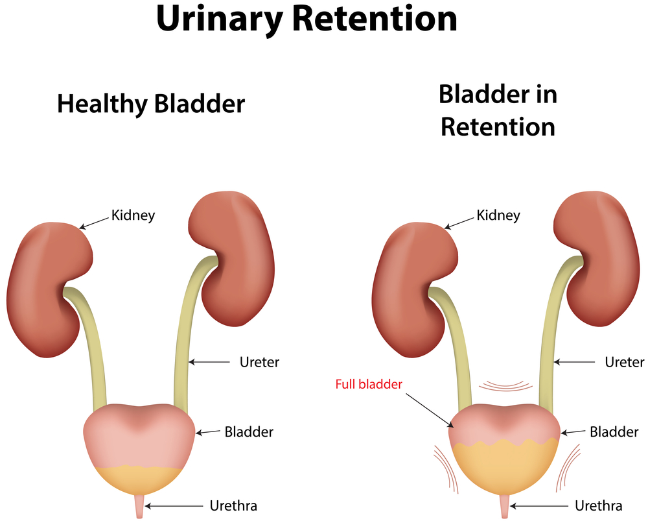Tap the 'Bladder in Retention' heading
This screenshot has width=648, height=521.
click(x=498, y=110)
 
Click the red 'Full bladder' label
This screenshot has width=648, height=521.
click(x=369, y=385)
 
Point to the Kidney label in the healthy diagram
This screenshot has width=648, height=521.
click(x=133, y=215)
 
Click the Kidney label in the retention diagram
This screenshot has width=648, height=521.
click(x=498, y=215)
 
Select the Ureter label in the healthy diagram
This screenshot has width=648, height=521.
click(x=260, y=362)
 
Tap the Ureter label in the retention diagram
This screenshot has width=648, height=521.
click(x=625, y=362)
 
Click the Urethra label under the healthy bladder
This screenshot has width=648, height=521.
click(x=233, y=505)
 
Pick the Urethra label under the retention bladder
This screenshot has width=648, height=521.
click(x=598, y=505)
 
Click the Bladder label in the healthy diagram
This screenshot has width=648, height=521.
click(x=249, y=432)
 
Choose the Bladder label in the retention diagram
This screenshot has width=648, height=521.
click(x=614, y=432)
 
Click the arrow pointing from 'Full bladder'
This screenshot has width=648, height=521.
click(x=430, y=410)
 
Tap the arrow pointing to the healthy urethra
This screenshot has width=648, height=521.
click(x=174, y=506)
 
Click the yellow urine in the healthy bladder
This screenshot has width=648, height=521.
click(x=139, y=479)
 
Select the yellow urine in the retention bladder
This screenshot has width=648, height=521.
click(x=505, y=468)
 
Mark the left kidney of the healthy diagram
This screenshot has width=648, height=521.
click(x=50, y=289)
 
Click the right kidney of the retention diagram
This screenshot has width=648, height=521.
click(x=596, y=259)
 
